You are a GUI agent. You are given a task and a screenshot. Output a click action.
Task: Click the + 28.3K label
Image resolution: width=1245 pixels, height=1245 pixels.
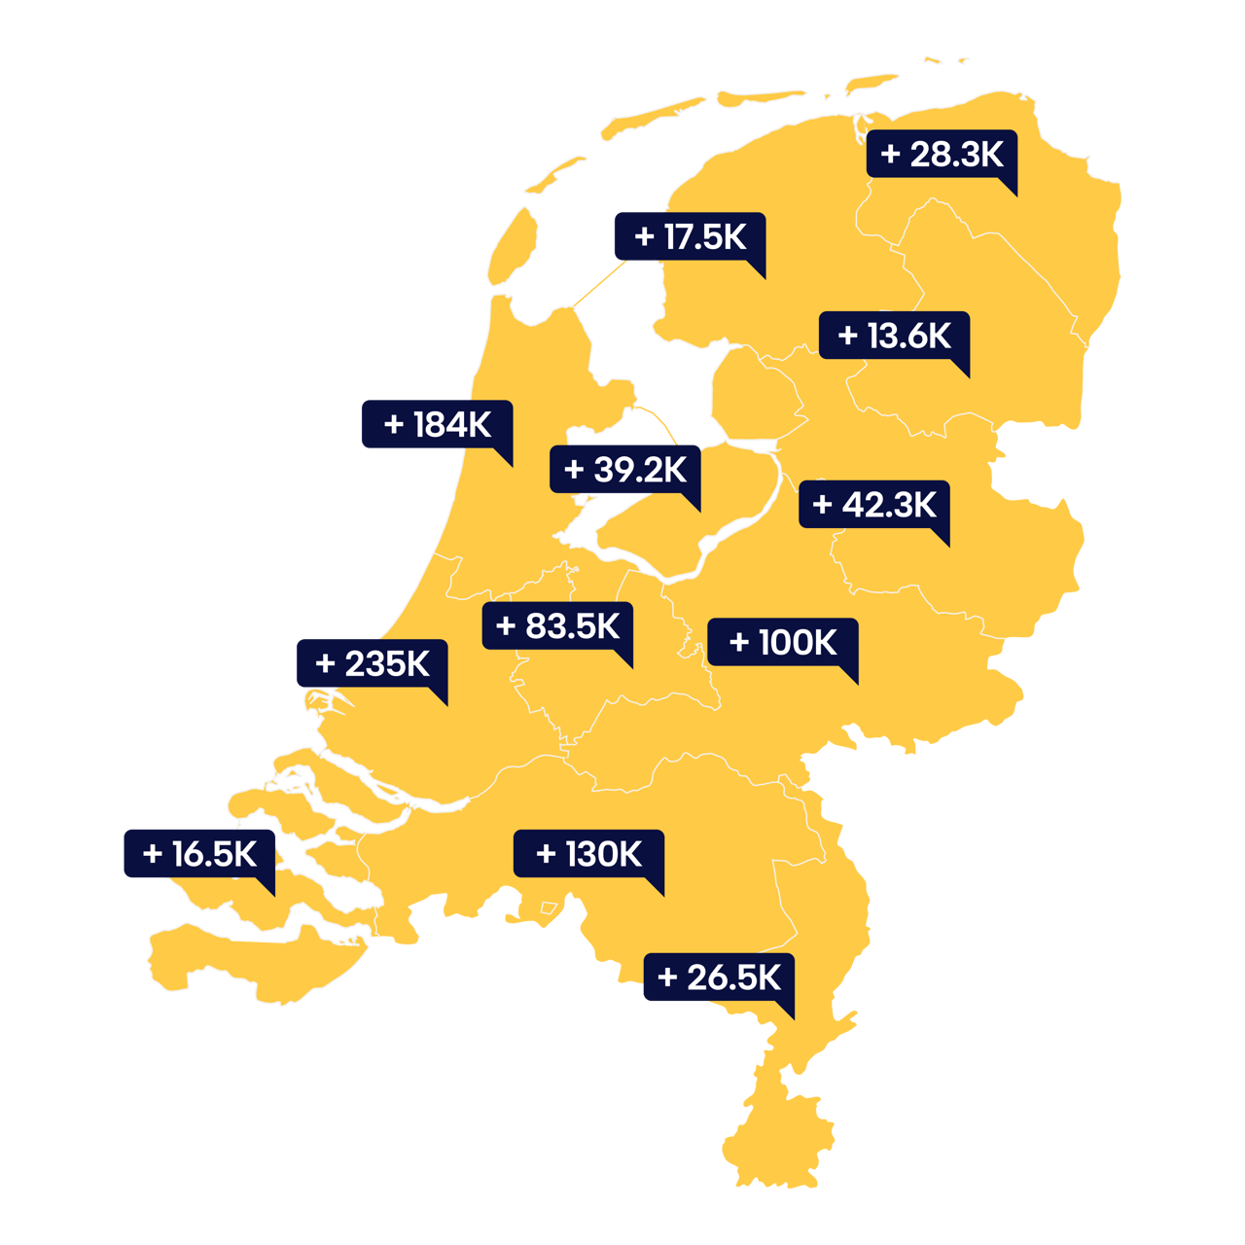[942, 155]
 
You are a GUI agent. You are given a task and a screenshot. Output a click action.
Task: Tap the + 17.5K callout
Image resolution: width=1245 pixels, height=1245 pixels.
[690, 236]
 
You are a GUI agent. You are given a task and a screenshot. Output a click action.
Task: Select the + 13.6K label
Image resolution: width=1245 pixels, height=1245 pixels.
[894, 336]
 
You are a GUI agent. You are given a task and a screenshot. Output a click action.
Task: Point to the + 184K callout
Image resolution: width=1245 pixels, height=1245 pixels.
[437, 424]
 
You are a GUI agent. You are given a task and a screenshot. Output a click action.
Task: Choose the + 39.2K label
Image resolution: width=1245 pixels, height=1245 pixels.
[624, 470]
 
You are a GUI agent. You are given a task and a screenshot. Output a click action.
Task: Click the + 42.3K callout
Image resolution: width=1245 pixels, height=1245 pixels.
[873, 504]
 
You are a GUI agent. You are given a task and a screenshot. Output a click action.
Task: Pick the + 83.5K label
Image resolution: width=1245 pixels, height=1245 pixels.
[557, 625]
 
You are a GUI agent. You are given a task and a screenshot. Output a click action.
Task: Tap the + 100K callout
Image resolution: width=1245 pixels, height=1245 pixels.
[782, 642]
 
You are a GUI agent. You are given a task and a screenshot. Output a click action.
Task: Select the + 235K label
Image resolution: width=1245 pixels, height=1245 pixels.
[372, 663]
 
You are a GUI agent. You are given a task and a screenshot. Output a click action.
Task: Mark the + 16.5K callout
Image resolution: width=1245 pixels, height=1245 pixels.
[199, 854]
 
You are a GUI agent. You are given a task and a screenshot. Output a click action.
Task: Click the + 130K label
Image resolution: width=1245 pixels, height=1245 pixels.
[588, 854]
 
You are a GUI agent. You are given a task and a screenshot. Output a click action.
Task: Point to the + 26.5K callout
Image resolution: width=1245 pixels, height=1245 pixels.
[719, 978]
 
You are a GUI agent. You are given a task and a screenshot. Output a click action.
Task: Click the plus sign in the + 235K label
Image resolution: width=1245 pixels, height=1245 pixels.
[326, 664]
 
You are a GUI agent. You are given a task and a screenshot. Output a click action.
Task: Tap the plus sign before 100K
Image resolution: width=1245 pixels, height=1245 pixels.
[739, 642]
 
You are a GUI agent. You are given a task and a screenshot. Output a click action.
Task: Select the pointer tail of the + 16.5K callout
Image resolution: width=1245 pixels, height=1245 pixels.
[267, 887]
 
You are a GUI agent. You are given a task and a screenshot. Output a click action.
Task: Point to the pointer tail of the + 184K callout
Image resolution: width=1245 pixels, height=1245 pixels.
[505, 458]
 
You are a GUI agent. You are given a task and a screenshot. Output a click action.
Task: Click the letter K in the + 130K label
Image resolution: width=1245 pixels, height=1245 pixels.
[628, 854]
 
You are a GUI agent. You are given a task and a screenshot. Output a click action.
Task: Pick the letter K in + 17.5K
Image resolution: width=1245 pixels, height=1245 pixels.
[733, 236]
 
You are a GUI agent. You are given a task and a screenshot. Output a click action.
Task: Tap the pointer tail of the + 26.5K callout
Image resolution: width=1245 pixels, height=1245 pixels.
[787, 1011]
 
